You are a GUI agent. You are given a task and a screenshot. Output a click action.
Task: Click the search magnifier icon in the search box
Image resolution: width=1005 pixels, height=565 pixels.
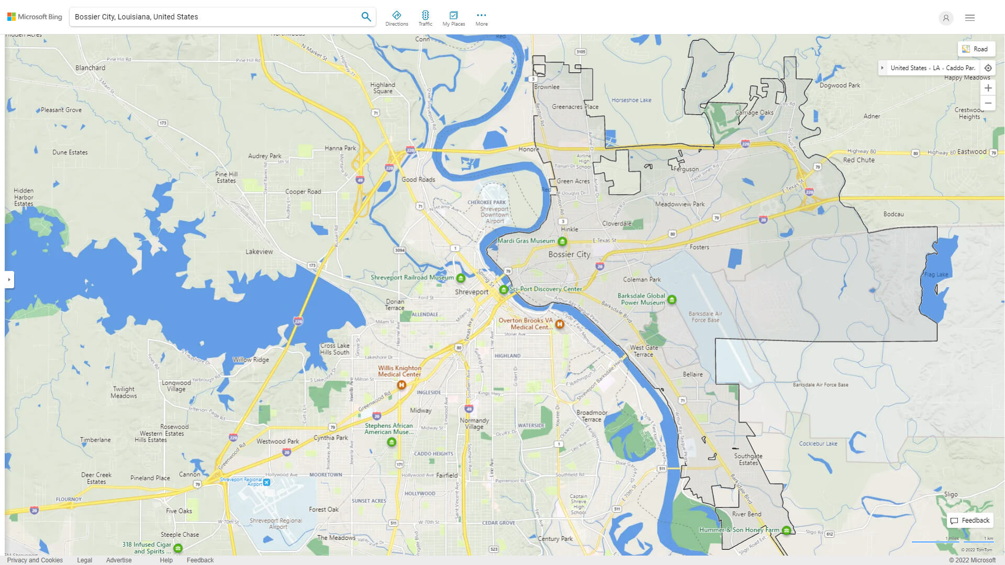point(366,17)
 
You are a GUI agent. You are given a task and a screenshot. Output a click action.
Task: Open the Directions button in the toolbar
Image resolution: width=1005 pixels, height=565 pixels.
point(396,18)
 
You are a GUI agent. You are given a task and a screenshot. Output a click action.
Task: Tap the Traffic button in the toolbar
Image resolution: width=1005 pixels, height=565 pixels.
point(425,18)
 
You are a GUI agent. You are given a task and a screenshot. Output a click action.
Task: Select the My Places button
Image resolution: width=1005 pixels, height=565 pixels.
point(453,18)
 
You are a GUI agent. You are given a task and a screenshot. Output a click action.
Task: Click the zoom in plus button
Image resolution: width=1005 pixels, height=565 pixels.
point(988,88)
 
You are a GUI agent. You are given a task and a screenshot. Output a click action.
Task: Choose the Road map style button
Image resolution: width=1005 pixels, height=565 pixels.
point(976,49)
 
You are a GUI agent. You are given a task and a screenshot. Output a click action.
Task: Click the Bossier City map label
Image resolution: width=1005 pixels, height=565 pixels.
point(569,254)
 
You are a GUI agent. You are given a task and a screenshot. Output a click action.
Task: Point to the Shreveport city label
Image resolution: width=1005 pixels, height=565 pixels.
point(471,292)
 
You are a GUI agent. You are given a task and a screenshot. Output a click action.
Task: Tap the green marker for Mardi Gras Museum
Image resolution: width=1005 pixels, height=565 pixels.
point(562,241)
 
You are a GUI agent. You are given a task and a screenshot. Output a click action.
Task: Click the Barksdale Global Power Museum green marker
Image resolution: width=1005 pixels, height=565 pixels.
point(672,300)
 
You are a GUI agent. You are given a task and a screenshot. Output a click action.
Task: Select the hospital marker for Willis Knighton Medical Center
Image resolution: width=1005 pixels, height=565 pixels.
point(401,385)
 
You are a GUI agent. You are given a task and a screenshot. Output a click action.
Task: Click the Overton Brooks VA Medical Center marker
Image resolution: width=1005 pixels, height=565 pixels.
point(560,324)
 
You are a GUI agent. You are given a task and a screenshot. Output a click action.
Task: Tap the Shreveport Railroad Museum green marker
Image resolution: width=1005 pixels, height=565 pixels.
point(461,278)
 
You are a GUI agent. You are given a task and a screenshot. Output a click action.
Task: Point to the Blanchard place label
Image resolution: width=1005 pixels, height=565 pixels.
point(90,67)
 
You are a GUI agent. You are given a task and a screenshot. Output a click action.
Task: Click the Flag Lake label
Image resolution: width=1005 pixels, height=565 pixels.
point(936,275)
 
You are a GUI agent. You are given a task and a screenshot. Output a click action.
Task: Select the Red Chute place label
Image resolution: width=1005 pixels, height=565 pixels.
point(858,160)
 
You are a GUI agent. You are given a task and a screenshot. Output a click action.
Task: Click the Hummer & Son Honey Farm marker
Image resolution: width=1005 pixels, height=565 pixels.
point(786,530)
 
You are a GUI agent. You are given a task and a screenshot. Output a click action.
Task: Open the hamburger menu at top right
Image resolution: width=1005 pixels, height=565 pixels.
point(969,18)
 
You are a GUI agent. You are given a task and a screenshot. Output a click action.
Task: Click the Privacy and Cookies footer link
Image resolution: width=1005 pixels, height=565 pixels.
point(35,560)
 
